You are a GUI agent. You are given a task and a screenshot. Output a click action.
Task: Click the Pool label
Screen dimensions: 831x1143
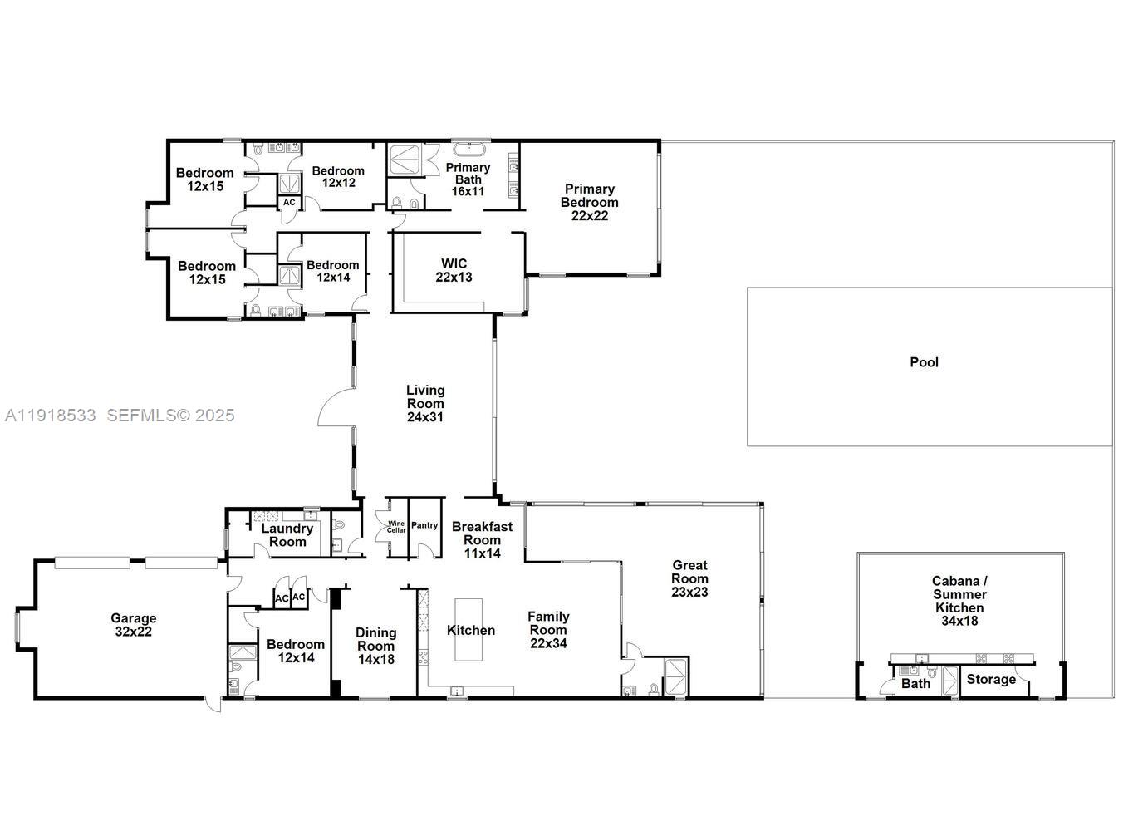(x=924, y=362)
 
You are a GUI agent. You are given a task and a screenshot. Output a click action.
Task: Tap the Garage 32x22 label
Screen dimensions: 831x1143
(x=134, y=625)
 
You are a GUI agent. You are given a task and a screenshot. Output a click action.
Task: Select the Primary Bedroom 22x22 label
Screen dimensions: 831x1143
(x=589, y=202)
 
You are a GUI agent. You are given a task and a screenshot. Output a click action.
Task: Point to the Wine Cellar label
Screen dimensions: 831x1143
(x=396, y=527)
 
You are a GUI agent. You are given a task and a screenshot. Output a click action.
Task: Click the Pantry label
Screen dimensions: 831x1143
(x=424, y=525)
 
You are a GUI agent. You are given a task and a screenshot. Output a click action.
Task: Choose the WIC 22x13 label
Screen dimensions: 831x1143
(x=454, y=270)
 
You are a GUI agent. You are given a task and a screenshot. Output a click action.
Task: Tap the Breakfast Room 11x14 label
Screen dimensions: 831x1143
(x=482, y=539)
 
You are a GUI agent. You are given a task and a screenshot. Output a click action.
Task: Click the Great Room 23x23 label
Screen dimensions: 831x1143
(x=689, y=578)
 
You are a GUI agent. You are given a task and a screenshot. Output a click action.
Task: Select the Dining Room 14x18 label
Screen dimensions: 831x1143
(x=375, y=646)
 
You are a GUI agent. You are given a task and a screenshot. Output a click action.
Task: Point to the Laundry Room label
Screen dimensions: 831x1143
(x=287, y=535)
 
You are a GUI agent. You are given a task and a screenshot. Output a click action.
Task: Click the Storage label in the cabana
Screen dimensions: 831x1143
(x=991, y=680)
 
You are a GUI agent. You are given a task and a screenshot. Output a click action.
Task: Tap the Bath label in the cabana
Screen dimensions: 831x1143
(x=915, y=684)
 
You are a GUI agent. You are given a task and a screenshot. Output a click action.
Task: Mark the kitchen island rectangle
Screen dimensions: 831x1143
(x=469, y=629)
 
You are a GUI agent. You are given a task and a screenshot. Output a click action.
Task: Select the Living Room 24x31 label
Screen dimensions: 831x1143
(x=425, y=403)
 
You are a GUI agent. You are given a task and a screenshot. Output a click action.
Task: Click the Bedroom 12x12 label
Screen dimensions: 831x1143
(x=338, y=176)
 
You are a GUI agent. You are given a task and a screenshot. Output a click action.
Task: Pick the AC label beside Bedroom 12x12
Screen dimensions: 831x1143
(x=289, y=202)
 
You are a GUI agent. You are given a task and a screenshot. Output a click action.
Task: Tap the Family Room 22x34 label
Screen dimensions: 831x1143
(x=548, y=629)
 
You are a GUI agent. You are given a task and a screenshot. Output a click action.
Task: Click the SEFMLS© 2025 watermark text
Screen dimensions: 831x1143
(x=170, y=415)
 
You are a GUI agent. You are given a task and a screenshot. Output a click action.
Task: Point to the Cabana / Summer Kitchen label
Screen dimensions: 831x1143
(x=959, y=601)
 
